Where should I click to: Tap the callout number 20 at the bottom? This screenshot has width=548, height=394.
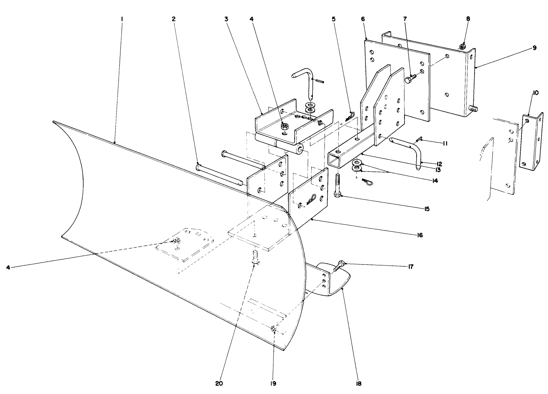(x=219, y=383)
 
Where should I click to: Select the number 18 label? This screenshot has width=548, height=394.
(x=358, y=383)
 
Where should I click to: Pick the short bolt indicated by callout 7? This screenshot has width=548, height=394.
(x=410, y=79)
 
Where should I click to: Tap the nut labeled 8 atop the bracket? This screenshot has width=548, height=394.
(x=462, y=47)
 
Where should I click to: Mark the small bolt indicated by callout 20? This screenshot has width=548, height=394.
(x=255, y=257)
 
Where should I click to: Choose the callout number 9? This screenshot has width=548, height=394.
(x=534, y=48)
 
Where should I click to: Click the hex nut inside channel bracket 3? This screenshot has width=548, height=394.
(x=284, y=126)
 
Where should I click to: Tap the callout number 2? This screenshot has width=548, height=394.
(x=173, y=19)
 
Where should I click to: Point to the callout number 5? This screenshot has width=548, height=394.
(x=334, y=19)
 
